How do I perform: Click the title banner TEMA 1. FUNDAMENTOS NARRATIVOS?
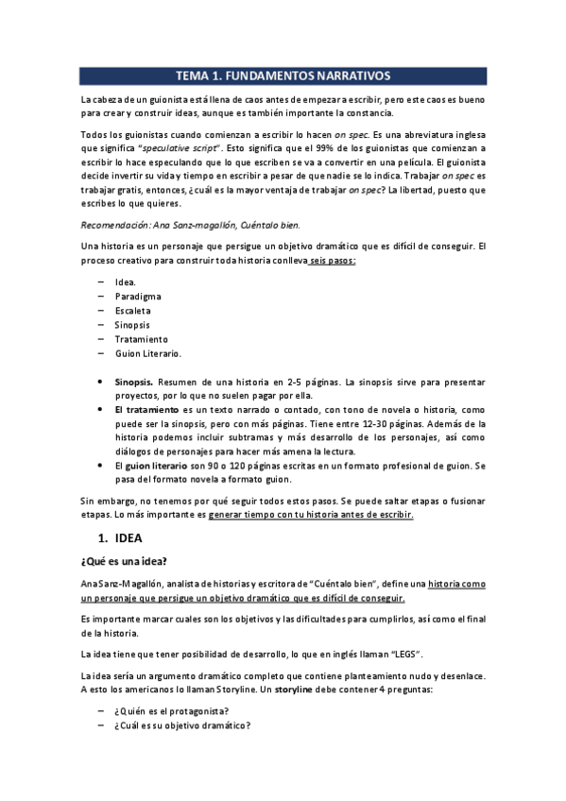tap(283, 76)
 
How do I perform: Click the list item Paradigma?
tap(138, 296)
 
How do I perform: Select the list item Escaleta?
tap(133, 310)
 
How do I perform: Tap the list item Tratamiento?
tap(142, 338)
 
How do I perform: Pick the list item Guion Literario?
tap(148, 352)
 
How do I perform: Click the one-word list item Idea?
tap(126, 281)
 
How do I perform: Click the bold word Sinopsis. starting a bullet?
tap(134, 382)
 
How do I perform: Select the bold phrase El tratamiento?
tap(146, 410)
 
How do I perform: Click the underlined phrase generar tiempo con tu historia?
tap(280, 515)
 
